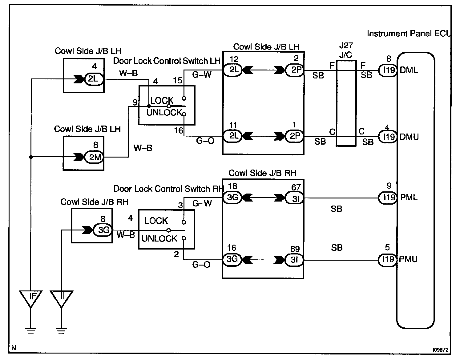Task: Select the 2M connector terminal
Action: tap(95, 157)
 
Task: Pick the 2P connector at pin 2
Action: tap(295, 70)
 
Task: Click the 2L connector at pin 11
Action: tap(233, 136)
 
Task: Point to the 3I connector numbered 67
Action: tap(295, 198)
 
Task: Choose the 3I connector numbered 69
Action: tap(295, 260)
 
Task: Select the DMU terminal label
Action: tap(409, 137)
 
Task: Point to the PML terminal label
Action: tap(409, 197)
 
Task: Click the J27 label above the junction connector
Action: tap(346, 46)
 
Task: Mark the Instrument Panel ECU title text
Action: tap(408, 34)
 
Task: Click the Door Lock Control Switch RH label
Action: tap(168, 189)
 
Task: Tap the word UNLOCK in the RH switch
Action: tap(159, 238)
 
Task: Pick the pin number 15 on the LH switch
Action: tap(178, 81)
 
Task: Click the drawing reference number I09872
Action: tap(440, 350)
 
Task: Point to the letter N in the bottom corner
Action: tap(14, 348)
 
